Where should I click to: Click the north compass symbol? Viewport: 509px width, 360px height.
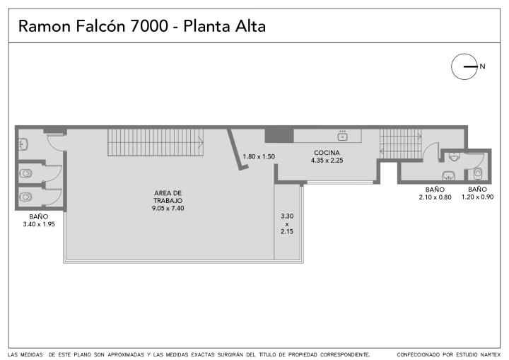click(x=464, y=66)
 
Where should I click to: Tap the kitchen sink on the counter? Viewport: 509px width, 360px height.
click(x=342, y=136)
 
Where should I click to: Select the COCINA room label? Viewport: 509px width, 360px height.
click(x=327, y=153)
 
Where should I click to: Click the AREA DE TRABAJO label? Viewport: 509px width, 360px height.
click(x=168, y=197)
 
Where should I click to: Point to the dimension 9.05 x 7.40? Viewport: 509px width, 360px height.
click(x=168, y=208)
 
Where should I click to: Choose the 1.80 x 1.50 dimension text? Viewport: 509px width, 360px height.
click(x=259, y=156)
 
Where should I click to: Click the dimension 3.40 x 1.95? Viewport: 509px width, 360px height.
click(x=39, y=224)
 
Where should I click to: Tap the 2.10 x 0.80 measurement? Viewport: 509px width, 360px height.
click(x=435, y=197)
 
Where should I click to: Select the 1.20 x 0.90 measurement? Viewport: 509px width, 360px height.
click(x=477, y=197)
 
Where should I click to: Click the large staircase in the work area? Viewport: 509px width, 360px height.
click(x=156, y=142)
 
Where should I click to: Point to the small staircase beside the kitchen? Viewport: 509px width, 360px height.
click(x=401, y=144)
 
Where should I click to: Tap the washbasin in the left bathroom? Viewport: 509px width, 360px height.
click(x=24, y=144)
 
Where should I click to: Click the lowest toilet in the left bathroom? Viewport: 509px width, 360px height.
click(x=25, y=197)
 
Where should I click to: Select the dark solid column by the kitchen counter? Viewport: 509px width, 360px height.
click(x=279, y=136)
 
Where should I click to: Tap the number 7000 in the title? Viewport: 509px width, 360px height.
click(x=149, y=26)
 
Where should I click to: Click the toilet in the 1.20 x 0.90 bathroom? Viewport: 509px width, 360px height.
click(x=478, y=173)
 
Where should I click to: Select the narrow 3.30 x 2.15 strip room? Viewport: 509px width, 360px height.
click(x=287, y=222)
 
